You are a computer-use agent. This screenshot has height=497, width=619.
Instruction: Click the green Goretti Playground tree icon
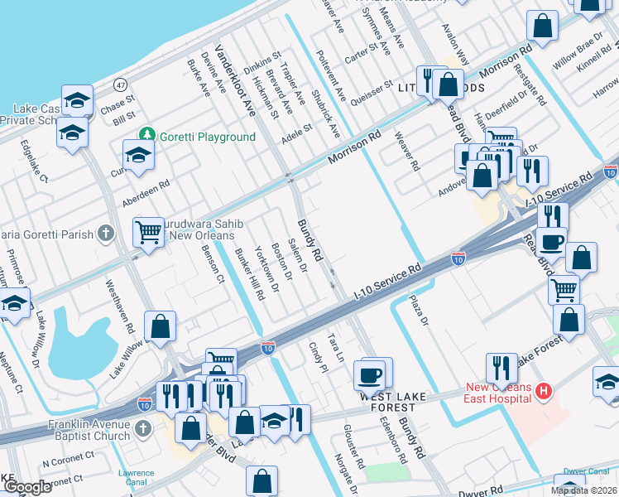pos(147,134)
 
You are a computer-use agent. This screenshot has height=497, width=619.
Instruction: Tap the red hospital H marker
pos(543,390)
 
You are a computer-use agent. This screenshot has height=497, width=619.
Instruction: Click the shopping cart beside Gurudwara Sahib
pos(148,232)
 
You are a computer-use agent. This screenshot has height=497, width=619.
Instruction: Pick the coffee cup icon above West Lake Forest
pos(370,374)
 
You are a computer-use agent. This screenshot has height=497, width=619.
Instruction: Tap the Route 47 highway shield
pos(121,84)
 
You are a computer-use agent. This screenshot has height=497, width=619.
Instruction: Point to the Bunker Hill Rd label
pos(249,273)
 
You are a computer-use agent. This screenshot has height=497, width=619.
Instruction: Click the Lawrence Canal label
pos(135,477)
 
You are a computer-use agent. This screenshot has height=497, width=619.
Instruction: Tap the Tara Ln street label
pos(335,348)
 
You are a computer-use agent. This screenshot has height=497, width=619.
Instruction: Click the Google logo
pos(27,487)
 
